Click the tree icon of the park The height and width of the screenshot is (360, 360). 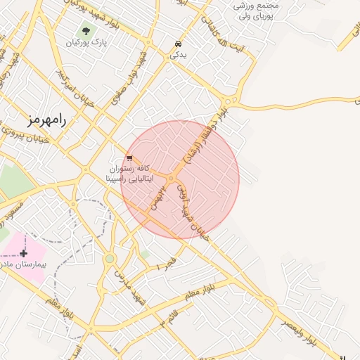coord(86,31)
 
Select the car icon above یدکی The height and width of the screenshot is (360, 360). coord(175,44)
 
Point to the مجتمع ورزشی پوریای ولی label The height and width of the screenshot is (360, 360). coord(256,10)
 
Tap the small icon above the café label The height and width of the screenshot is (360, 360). coord(129,157)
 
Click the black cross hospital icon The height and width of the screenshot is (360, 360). coord(24,252)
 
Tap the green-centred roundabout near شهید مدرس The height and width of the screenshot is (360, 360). coord(110,259)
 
